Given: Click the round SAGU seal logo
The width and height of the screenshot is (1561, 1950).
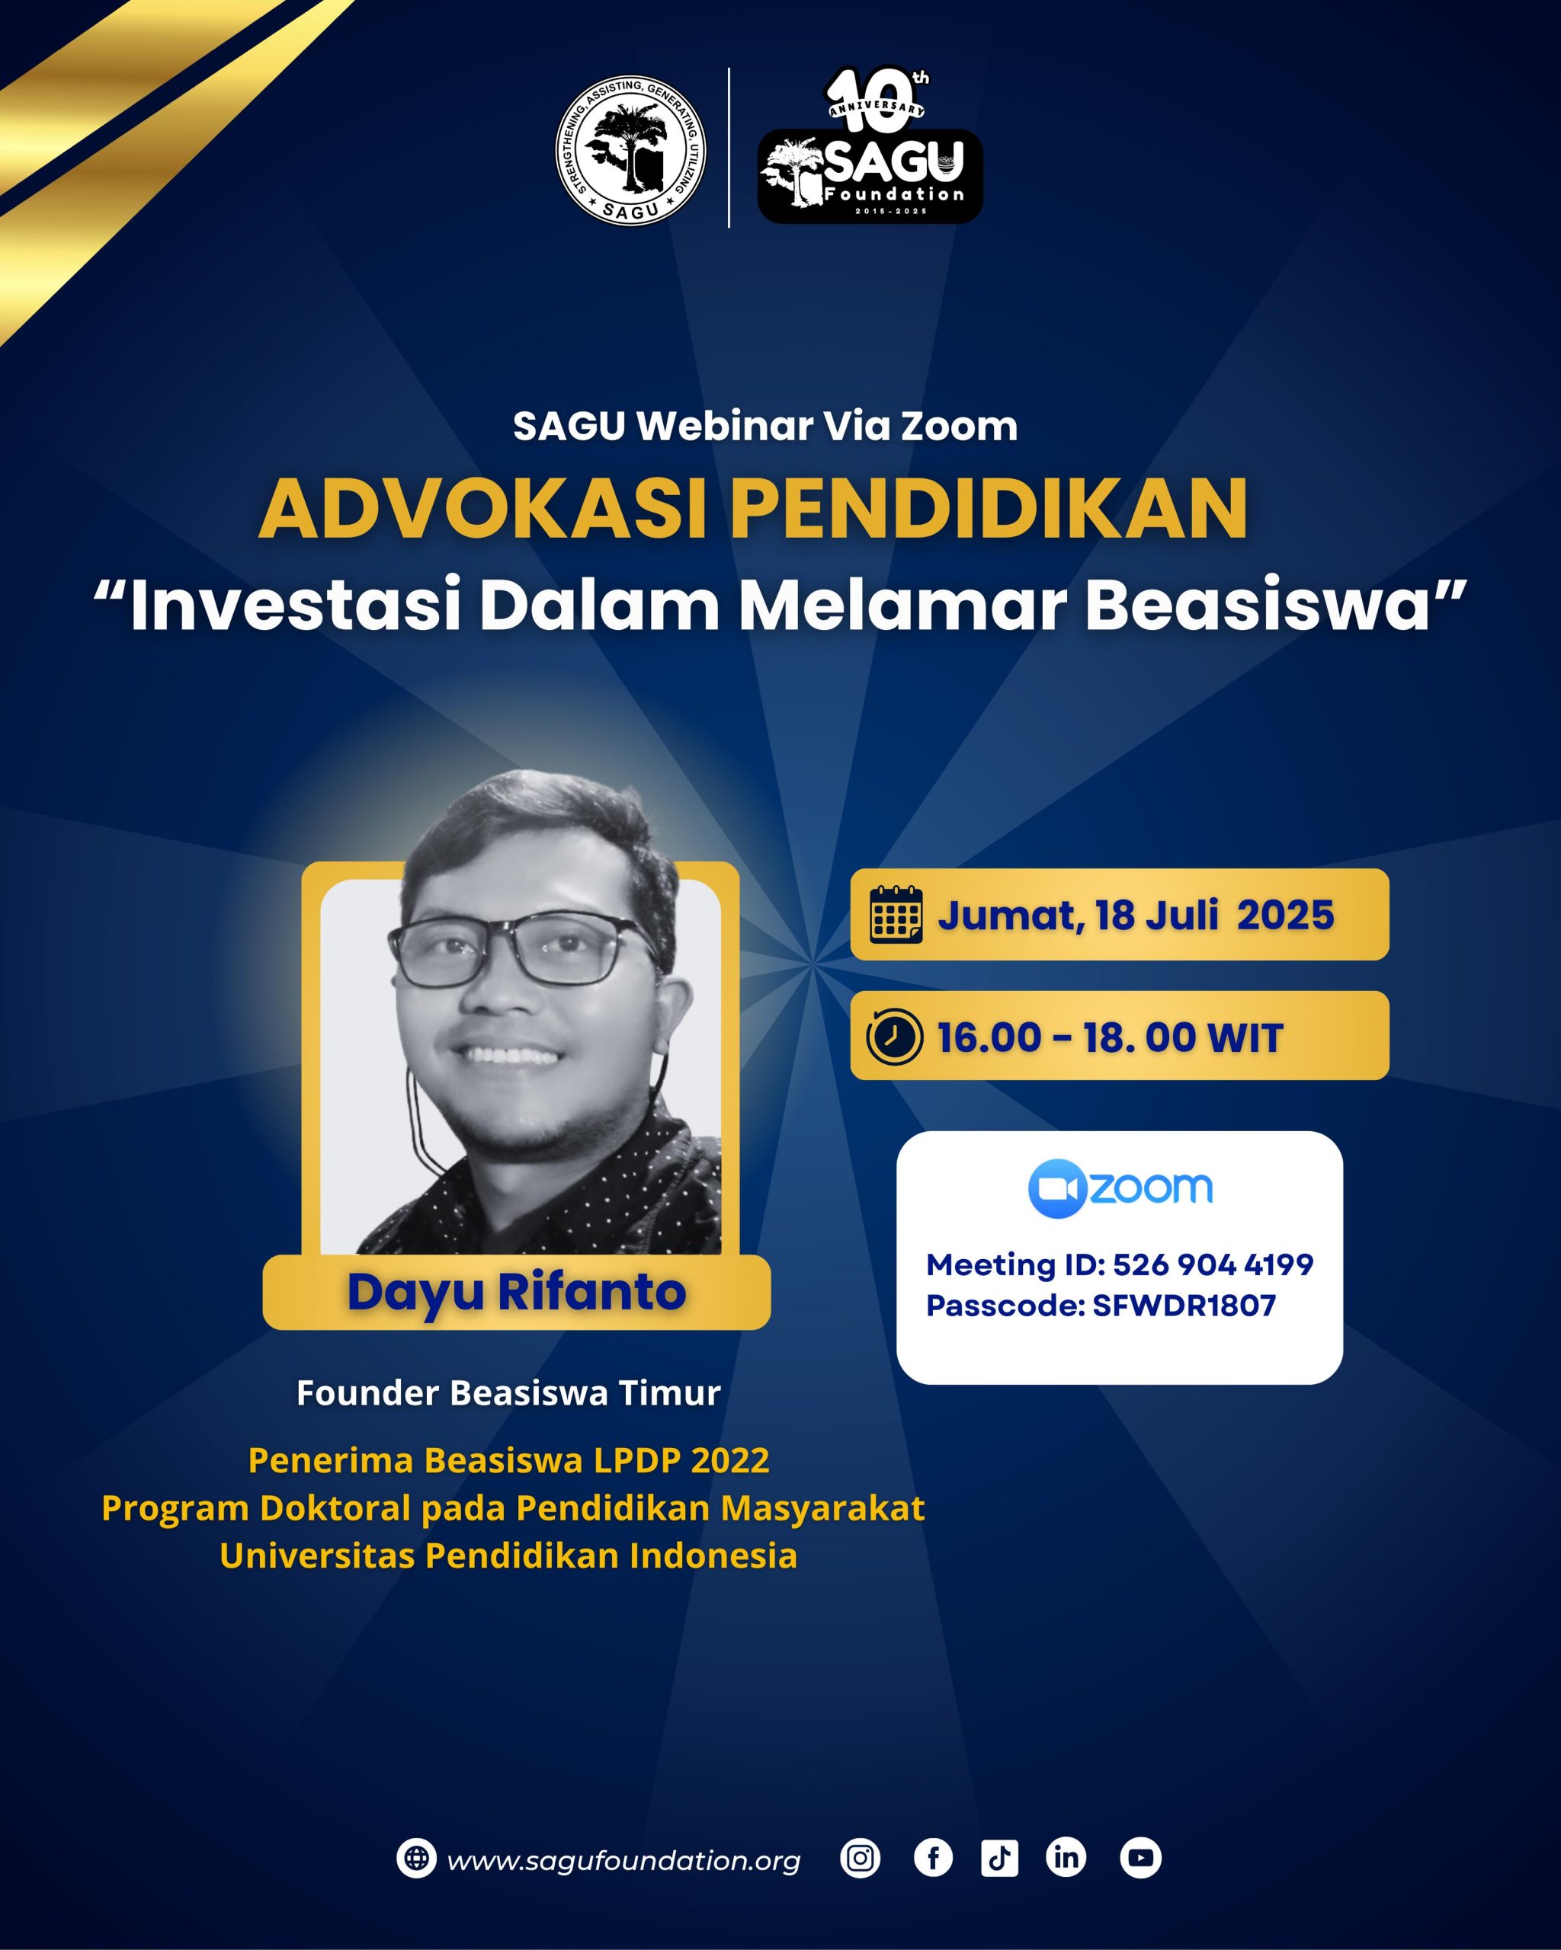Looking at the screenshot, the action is pyautogui.click(x=631, y=150).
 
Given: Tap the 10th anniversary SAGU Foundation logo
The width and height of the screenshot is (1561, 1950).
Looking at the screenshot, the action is pyautogui.click(x=870, y=145).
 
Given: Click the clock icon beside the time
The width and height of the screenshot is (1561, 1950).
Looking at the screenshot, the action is pyautogui.click(x=895, y=1037).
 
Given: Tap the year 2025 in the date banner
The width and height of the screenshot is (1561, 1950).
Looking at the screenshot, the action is pyautogui.click(x=1285, y=916).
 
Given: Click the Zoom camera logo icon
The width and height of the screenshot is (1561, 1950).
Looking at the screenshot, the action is pyautogui.click(x=1057, y=1188).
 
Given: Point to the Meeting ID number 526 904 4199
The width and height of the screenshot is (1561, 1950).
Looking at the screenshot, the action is pyautogui.click(x=1213, y=1264).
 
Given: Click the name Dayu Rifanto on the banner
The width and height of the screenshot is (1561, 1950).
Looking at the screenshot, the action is pyautogui.click(x=517, y=1292).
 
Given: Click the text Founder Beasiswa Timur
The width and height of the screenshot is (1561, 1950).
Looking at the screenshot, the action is pyautogui.click(x=508, y=1393).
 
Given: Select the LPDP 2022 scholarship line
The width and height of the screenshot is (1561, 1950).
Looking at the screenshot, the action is pyautogui.click(x=508, y=1459).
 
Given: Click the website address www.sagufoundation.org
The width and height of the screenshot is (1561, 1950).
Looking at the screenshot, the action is pyautogui.click(x=623, y=1860).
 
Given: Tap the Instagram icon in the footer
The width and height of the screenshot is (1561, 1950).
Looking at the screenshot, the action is pyautogui.click(x=860, y=1859).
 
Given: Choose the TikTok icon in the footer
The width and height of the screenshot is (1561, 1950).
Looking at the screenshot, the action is pyautogui.click(x=1000, y=1859).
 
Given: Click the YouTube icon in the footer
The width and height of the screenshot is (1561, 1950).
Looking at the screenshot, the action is pyautogui.click(x=1140, y=1859).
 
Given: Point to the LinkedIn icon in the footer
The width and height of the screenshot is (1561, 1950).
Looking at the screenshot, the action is pyautogui.click(x=1066, y=1859).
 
